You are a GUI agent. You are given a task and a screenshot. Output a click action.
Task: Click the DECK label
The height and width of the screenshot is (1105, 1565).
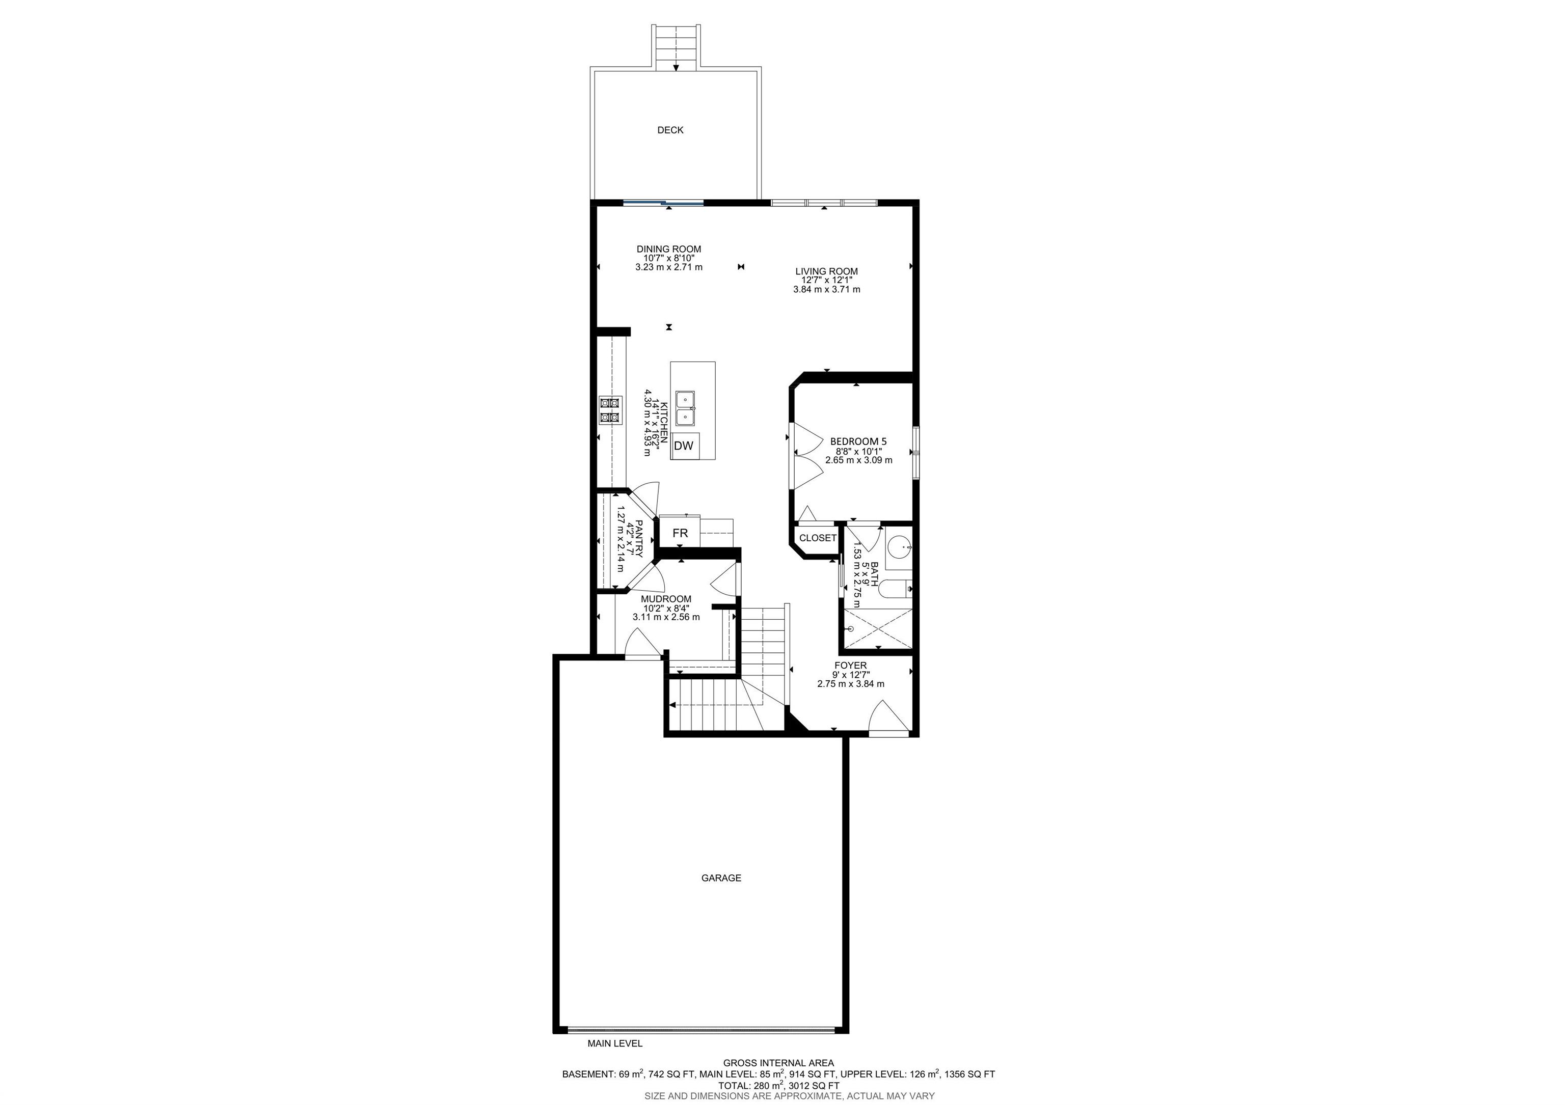point(670,130)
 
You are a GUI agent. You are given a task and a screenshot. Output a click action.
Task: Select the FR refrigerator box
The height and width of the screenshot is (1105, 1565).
point(680,534)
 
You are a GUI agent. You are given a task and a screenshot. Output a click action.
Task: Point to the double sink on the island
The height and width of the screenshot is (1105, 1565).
point(686,407)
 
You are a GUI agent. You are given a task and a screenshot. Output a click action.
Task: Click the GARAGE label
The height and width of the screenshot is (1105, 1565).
point(721,878)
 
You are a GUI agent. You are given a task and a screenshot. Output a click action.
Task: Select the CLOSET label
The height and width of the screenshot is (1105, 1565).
point(817,538)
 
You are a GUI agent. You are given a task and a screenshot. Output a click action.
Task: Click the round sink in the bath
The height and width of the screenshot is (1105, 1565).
point(900,546)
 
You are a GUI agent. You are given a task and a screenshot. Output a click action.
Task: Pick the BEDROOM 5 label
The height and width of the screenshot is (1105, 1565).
point(858,441)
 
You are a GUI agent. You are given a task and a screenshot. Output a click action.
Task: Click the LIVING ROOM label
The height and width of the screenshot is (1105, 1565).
point(826,271)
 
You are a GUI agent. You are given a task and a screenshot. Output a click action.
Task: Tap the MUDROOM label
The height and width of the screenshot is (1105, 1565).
point(666,599)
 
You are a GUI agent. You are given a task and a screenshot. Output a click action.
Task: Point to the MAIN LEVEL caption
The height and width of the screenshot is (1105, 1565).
point(615,1062)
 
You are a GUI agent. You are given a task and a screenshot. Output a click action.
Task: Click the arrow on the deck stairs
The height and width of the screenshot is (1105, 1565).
point(676,66)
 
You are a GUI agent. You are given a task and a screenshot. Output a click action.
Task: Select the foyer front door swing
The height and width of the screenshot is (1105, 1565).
point(888,719)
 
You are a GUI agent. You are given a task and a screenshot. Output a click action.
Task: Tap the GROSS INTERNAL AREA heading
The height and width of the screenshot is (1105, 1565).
point(778,1063)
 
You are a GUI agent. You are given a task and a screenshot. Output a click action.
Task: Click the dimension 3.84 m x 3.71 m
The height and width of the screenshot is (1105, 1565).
point(826,290)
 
